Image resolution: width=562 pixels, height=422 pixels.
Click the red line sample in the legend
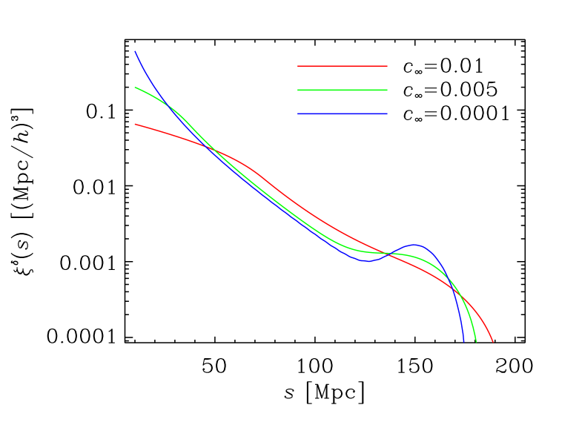[x=343, y=66]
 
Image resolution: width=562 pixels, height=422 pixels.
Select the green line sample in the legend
[x=343, y=90]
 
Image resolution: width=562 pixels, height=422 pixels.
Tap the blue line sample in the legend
[x=343, y=113]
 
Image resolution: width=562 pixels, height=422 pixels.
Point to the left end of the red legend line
[x=298, y=66]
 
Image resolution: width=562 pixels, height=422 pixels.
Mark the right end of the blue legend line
[x=387, y=113]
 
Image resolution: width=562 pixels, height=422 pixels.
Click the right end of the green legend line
[x=387, y=90]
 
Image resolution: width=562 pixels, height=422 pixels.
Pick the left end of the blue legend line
[x=298, y=113]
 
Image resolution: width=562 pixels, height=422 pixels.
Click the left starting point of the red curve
[x=135, y=125]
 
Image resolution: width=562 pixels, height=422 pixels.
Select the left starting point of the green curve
[x=135, y=88]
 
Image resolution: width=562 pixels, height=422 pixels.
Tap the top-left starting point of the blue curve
[x=135, y=51]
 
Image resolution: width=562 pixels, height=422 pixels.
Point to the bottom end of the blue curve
[x=464, y=342]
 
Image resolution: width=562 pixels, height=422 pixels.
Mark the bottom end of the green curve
[x=476, y=342]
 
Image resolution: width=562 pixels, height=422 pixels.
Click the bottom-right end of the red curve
[x=493, y=342]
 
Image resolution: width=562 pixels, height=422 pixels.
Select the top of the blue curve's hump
[x=414, y=245]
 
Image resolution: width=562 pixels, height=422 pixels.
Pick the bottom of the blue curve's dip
[x=366, y=261]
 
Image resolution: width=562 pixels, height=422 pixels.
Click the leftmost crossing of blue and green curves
[x=168, y=105]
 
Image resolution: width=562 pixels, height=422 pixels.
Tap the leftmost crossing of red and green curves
[x=214, y=150]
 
